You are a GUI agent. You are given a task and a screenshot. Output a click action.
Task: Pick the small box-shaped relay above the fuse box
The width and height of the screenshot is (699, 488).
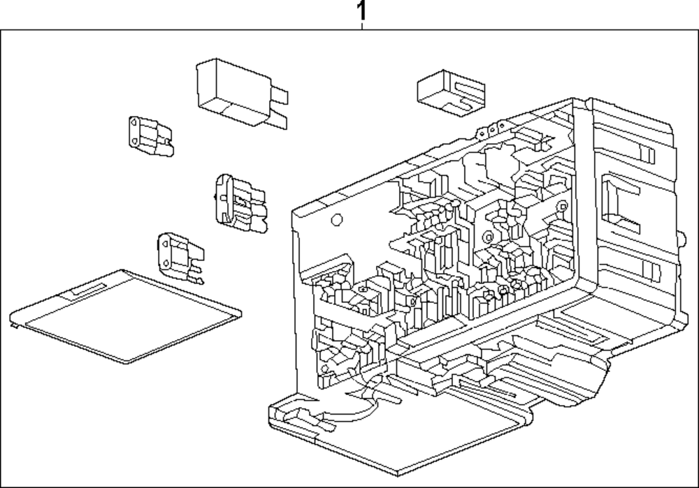pyautogui.click(x=450, y=91)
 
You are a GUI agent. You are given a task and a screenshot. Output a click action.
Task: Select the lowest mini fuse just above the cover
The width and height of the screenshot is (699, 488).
pyautogui.click(x=178, y=256)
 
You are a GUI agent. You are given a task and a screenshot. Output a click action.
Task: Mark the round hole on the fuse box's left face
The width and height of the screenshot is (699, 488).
pyautogui.click(x=336, y=220)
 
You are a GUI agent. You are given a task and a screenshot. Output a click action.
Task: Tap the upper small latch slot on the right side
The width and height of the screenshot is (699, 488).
pyautogui.click(x=644, y=151)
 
